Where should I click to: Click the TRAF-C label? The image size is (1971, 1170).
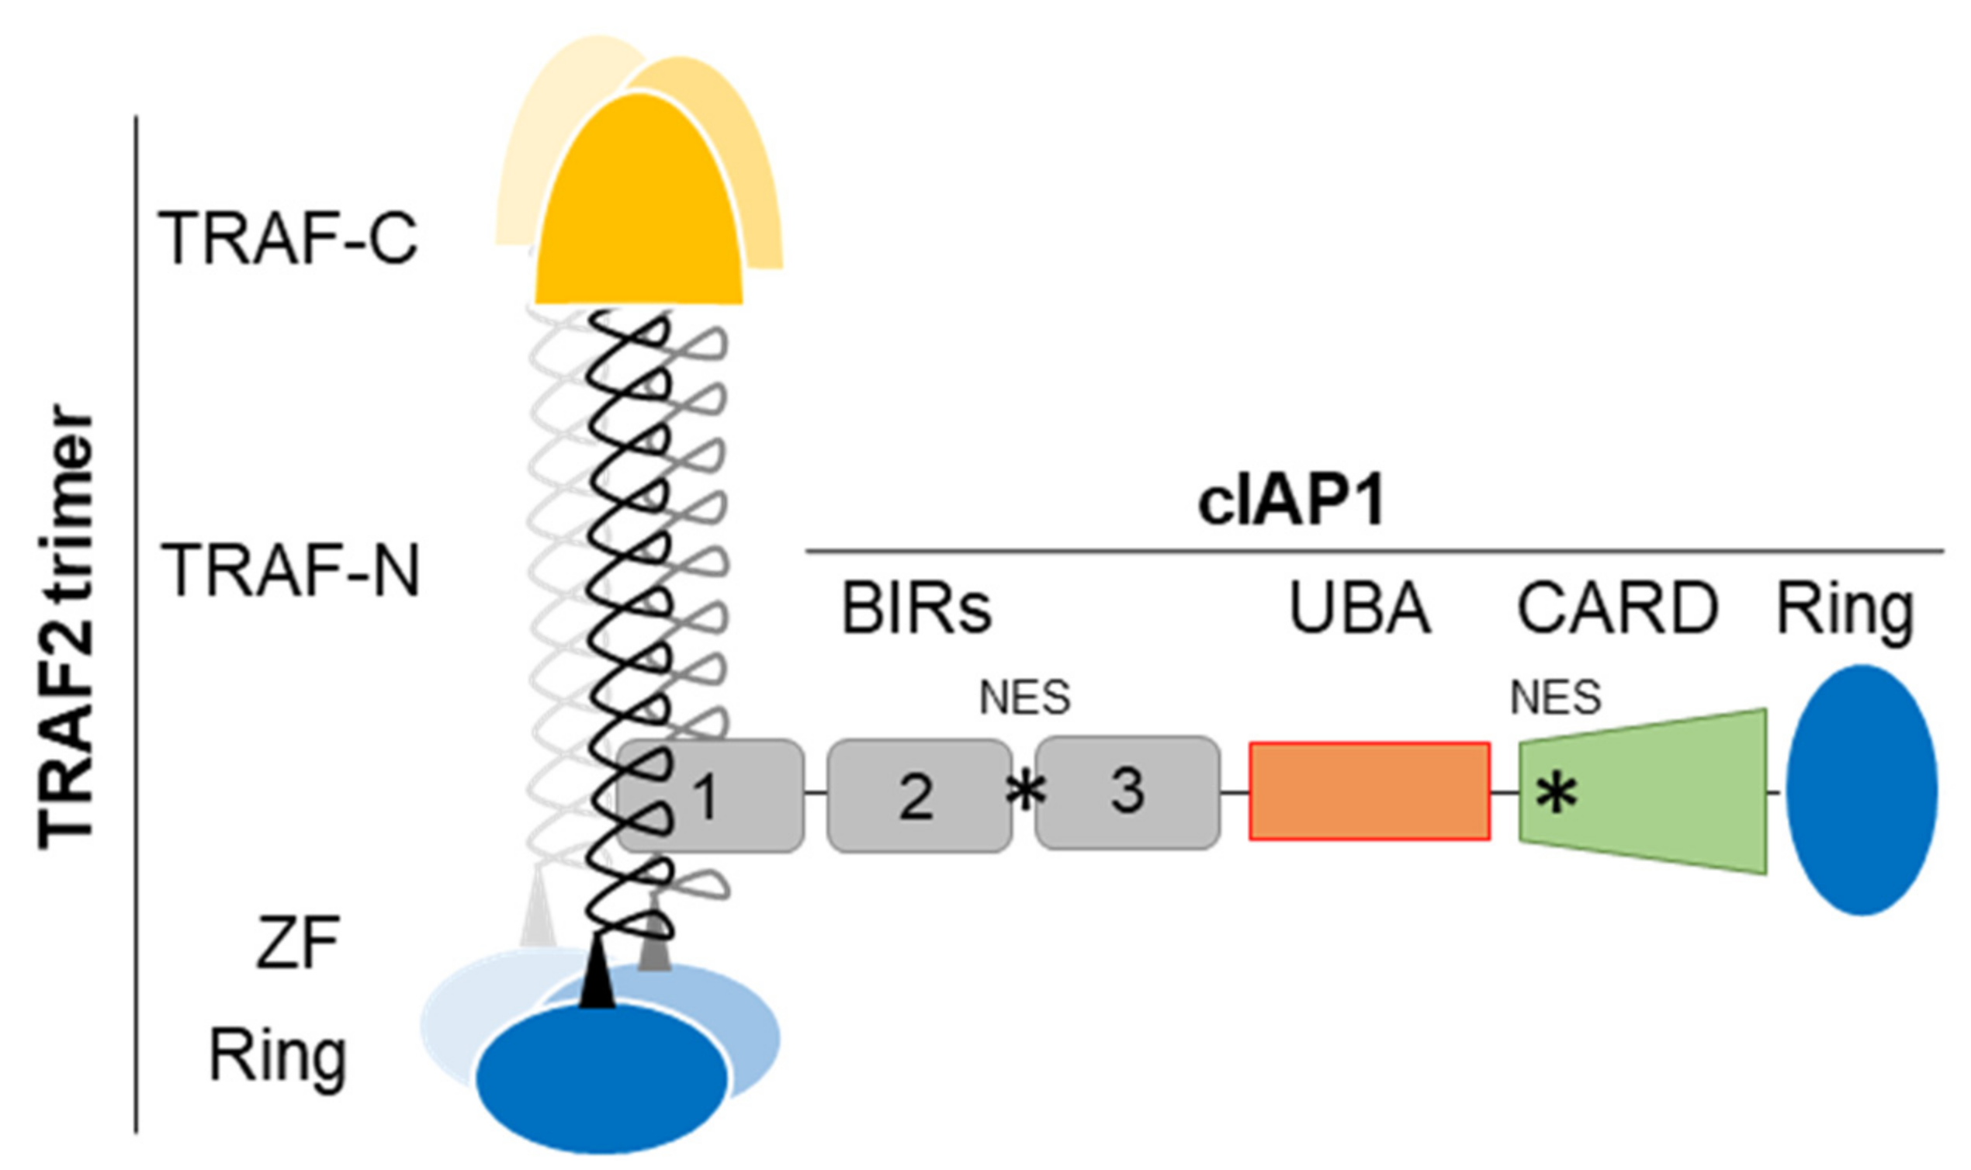[x=288, y=238]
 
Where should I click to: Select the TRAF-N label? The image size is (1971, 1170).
[x=290, y=572]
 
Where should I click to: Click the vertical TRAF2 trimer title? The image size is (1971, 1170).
[x=67, y=627]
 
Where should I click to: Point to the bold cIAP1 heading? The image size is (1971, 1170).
[x=1291, y=502]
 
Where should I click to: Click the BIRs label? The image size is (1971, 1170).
[x=916, y=608]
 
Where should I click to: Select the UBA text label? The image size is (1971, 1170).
[x=1360, y=608]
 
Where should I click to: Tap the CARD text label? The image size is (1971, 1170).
[x=1618, y=608]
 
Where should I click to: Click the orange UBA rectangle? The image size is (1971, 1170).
[x=1370, y=791]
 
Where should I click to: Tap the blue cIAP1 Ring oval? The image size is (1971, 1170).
[x=1862, y=790]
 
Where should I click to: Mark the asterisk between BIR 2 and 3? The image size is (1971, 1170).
[x=1026, y=791]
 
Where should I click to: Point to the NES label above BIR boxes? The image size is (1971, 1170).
[x=1024, y=697]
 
